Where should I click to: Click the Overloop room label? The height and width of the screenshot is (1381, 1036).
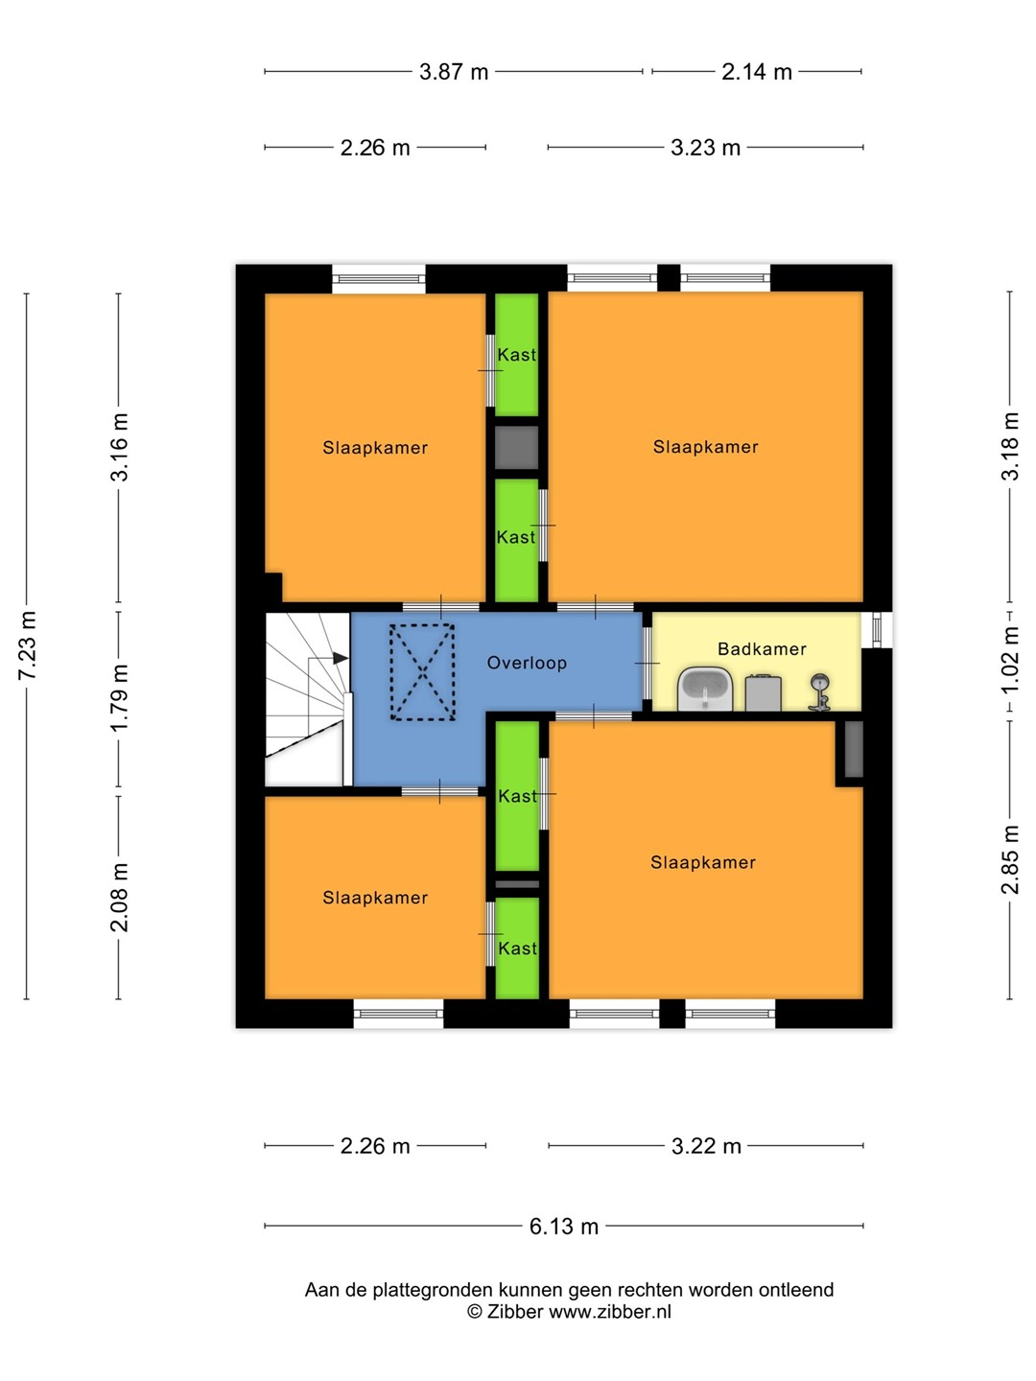coord(527,663)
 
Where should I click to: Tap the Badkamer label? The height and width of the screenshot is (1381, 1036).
coord(762,648)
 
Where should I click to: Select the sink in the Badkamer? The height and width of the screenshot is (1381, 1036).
coord(705,689)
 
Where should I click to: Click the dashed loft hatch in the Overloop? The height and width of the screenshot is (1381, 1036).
coord(423,671)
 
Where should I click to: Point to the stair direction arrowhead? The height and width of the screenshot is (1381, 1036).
coord(341,658)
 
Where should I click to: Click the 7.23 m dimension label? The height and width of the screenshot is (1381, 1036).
coord(28,644)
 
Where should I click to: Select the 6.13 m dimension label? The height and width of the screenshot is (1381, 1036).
coord(564,1226)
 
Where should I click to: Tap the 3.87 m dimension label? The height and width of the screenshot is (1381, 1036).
coord(454,72)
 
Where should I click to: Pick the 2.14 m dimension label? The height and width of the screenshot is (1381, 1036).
coord(756,72)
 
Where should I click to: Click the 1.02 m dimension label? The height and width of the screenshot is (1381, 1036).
coord(1009,660)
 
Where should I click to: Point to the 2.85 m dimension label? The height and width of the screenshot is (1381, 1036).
coord(1009,859)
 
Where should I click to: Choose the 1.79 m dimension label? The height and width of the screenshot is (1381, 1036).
coord(119,698)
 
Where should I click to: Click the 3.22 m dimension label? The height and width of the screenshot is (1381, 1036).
coord(706,1146)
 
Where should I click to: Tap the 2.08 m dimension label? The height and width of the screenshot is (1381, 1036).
coord(119,898)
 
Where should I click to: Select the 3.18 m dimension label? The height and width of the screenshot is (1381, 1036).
coord(1009,447)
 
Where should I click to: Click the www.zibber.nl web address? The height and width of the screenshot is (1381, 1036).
coord(610,1312)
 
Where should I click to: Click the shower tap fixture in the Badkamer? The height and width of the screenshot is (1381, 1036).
coord(819,692)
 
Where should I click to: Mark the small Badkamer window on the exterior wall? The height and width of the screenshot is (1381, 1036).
coord(877,629)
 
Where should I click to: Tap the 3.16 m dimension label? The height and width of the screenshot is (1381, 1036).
coord(119,447)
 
